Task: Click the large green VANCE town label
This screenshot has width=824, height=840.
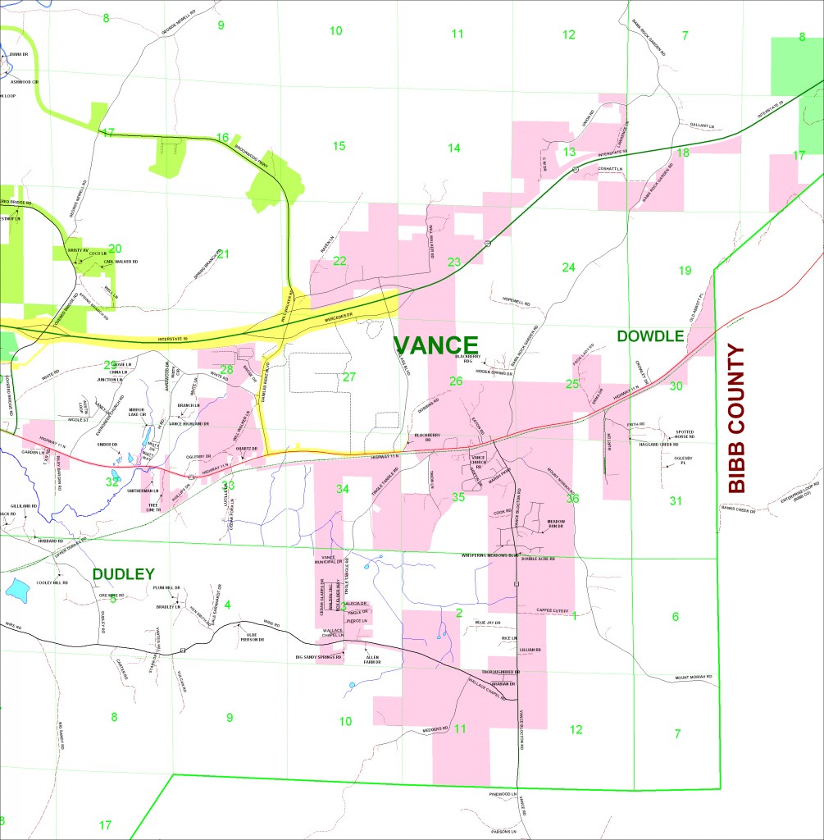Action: click(x=435, y=345)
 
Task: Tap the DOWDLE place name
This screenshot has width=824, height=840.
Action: click(x=650, y=336)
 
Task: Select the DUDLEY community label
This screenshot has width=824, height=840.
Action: click(x=123, y=573)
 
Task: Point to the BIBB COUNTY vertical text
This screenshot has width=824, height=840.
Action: click(x=737, y=418)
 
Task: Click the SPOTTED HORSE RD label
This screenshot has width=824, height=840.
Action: click(x=684, y=434)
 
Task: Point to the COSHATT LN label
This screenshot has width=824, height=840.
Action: click(x=610, y=169)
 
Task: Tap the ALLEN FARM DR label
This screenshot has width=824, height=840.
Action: click(x=373, y=659)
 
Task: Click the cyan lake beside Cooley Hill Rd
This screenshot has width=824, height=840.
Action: click(x=17, y=589)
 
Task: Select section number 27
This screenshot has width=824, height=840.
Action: click(x=349, y=377)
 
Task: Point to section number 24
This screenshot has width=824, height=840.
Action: click(x=568, y=267)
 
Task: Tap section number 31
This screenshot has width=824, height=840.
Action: click(x=676, y=500)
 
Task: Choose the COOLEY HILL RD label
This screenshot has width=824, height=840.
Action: click(x=52, y=582)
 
